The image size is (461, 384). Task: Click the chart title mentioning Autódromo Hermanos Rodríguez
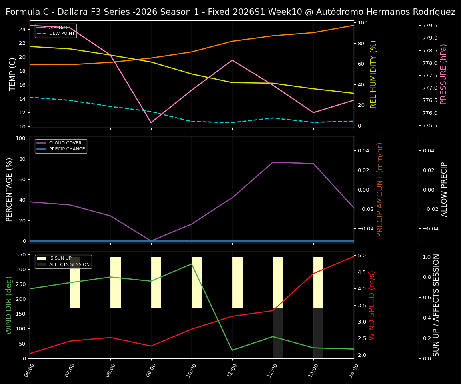[230, 12]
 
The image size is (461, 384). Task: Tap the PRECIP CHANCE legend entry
[67, 149]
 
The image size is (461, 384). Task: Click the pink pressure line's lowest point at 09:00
[151, 122]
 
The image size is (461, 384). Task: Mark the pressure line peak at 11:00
[232, 60]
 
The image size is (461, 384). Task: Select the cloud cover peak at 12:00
[273, 162]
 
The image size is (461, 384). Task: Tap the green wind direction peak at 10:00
[192, 264]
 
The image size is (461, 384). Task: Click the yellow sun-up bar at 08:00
[116, 282]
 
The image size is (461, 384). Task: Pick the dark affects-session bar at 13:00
[318, 333]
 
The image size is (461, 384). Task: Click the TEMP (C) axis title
[12, 74]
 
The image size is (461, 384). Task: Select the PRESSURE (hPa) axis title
[443, 74]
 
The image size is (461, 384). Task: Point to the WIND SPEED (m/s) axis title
[372, 305]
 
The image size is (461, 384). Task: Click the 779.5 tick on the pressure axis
[430, 26]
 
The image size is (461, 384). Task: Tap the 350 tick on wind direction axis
[22, 254]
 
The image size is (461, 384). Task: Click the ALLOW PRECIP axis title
[444, 189]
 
